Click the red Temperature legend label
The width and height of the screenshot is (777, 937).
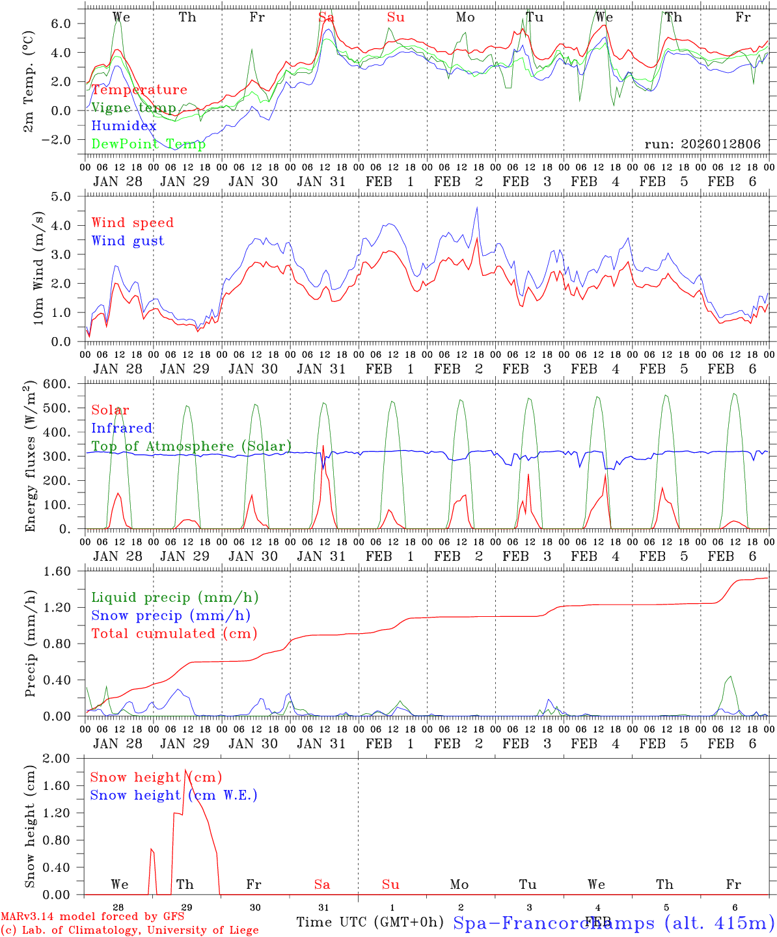click(x=139, y=90)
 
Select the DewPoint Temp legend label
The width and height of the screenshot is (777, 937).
click(x=148, y=144)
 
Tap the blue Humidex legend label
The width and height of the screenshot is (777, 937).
click(x=124, y=126)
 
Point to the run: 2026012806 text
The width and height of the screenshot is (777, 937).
click(x=702, y=144)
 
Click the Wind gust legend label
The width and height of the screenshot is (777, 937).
click(x=128, y=241)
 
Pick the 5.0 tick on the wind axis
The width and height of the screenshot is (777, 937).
click(x=69, y=196)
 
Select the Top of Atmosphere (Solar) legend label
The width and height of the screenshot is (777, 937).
click(x=191, y=446)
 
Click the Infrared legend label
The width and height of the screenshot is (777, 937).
click(x=122, y=428)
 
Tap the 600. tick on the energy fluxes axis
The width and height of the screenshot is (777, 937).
click(x=65, y=384)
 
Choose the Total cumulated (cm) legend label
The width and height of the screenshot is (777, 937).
click(x=174, y=633)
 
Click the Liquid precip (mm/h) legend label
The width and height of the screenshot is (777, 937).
click(x=174, y=597)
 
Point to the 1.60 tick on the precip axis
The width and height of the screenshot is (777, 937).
click(x=64, y=571)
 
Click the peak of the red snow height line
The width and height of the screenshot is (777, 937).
click(x=185, y=770)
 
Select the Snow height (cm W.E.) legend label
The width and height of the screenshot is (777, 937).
click(x=173, y=795)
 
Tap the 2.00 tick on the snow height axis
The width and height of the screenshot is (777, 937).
click(x=64, y=758)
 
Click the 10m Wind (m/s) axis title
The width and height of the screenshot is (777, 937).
click(x=39, y=267)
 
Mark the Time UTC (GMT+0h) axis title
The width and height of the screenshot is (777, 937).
click(x=370, y=922)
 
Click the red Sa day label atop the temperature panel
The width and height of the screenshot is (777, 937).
click(x=326, y=18)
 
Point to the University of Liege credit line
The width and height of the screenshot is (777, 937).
click(x=129, y=930)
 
